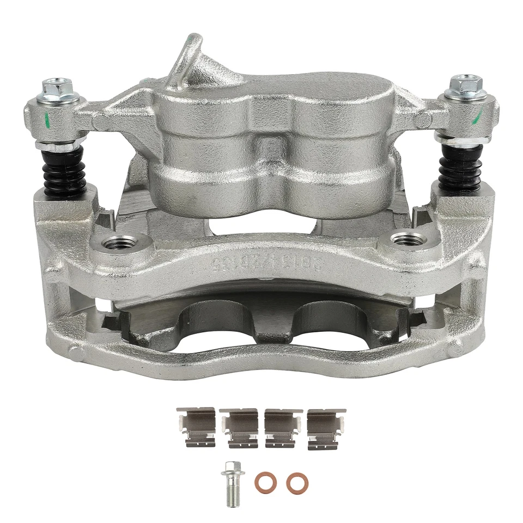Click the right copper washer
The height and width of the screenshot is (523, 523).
tap(295, 482)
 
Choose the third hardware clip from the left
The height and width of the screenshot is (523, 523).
tap(283, 428)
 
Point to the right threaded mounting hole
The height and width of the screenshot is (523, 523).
tap(407, 239)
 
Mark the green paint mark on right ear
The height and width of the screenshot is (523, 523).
tap(479, 115)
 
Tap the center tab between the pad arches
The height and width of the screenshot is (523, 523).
tap(268, 327)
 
